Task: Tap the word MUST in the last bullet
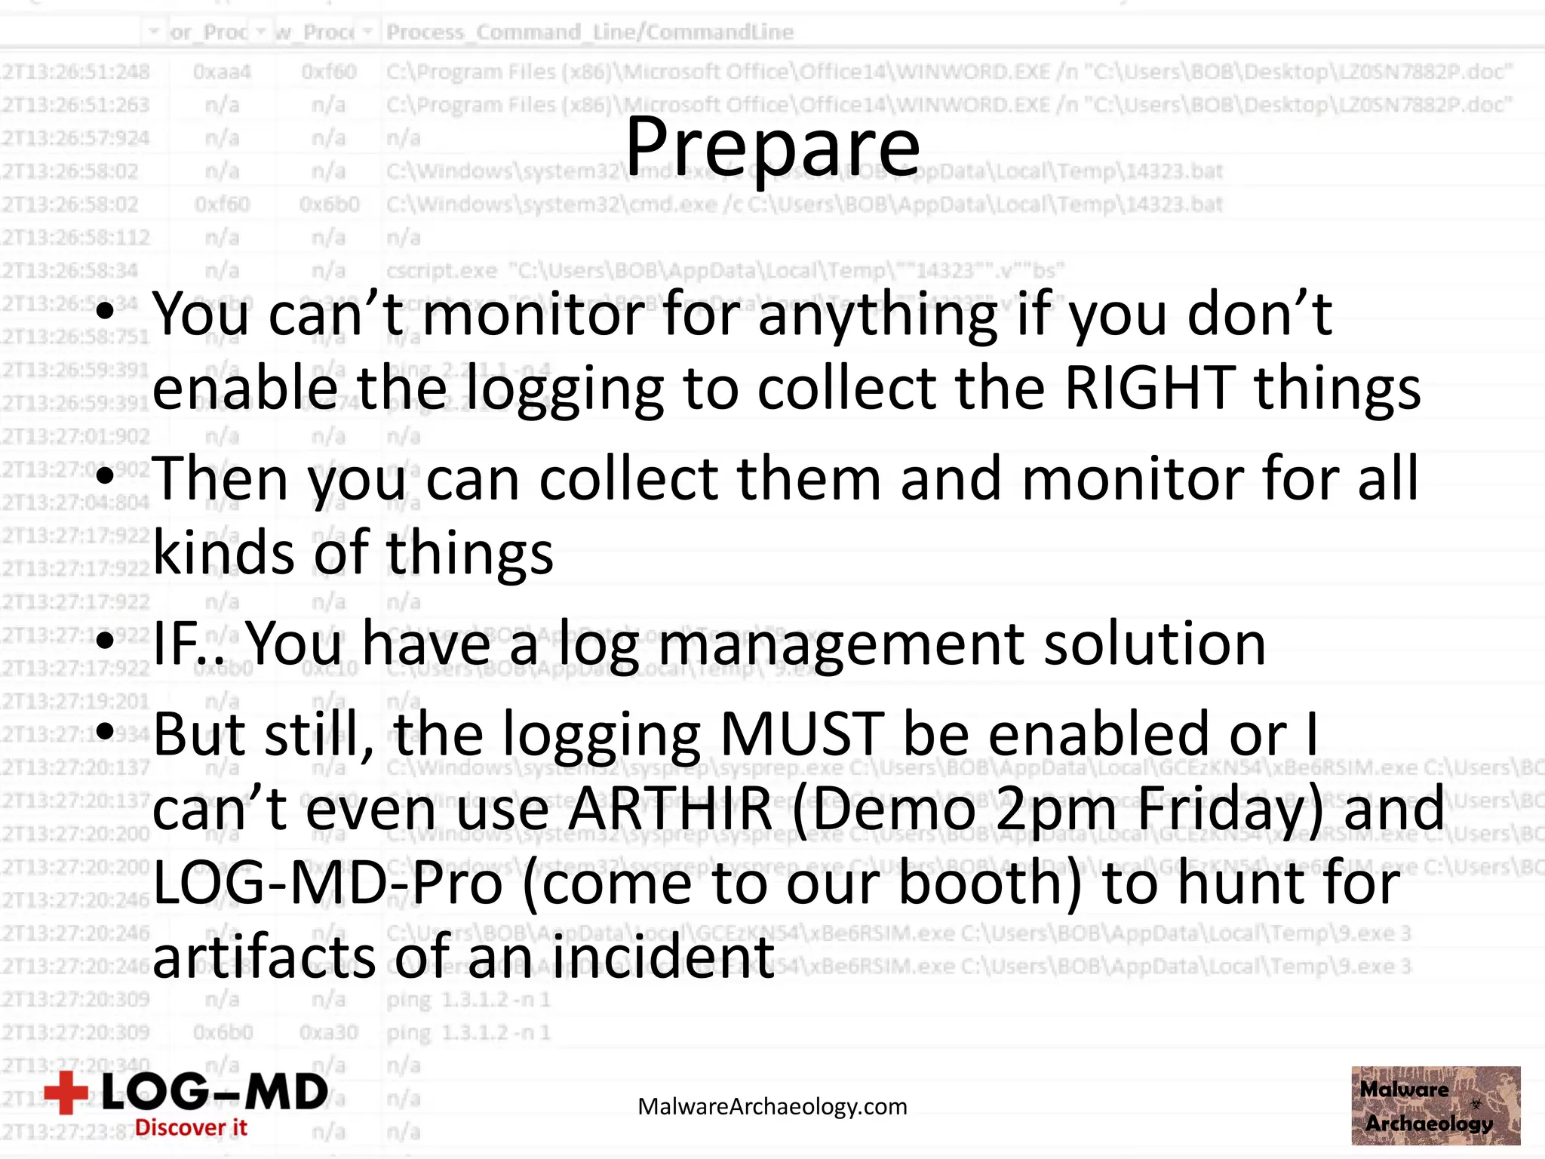point(802,734)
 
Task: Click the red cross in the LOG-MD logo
point(66,1093)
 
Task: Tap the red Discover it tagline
point(191,1127)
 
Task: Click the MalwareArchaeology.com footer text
point(772,1107)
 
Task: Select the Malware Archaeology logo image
point(1436,1105)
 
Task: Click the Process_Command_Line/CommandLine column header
point(590,32)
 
